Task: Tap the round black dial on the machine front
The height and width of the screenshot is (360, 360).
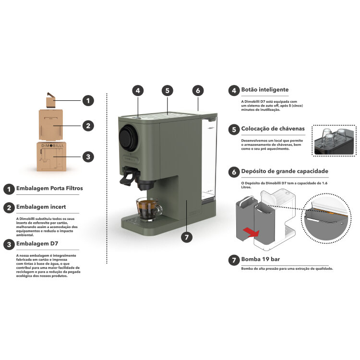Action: (x=128, y=138)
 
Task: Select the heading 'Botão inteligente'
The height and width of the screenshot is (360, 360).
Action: (x=264, y=90)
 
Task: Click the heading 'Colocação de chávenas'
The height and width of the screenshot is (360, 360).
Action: (x=273, y=129)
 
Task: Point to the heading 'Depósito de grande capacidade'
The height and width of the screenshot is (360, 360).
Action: (x=285, y=171)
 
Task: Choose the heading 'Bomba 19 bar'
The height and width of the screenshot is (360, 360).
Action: (x=260, y=259)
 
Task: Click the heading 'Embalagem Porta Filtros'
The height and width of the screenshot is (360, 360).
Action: (x=49, y=188)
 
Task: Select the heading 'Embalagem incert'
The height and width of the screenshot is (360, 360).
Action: (x=41, y=207)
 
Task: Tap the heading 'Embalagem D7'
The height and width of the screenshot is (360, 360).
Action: (x=37, y=243)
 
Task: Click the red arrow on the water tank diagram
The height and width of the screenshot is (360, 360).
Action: (x=251, y=233)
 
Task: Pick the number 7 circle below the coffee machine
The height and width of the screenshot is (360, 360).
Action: (x=187, y=237)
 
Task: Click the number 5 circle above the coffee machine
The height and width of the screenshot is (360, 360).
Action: (x=168, y=91)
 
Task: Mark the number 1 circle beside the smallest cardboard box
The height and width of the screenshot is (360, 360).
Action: (x=88, y=101)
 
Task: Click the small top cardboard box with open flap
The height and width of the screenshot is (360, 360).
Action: (x=50, y=100)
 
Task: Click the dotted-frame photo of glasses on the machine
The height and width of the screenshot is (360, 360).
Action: (x=334, y=141)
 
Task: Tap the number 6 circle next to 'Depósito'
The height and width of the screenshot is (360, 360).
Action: (x=234, y=172)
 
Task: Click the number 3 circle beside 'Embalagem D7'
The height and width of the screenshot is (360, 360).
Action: (x=9, y=244)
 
